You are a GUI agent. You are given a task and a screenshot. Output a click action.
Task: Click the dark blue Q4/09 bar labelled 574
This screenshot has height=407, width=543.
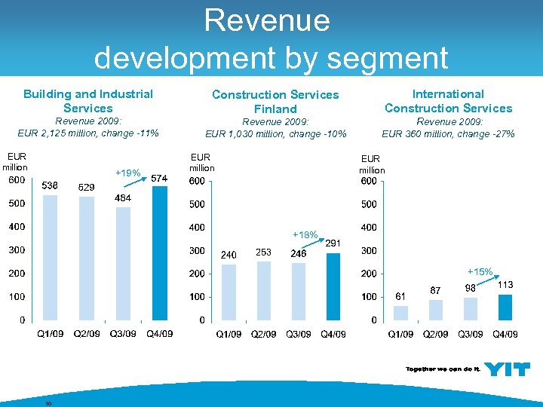(160, 252)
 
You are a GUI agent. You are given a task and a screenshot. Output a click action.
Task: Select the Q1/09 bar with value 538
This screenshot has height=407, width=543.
(51, 257)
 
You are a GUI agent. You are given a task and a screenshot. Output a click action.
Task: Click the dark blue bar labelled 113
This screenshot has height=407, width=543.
(505, 307)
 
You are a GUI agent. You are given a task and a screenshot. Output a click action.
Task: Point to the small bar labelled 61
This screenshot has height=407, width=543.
(400, 313)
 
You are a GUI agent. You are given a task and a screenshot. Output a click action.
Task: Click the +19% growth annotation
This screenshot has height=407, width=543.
(127, 173)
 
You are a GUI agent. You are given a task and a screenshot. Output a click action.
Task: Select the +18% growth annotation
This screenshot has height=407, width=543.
(305, 236)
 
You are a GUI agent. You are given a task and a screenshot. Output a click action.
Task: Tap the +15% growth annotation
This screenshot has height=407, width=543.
(480, 271)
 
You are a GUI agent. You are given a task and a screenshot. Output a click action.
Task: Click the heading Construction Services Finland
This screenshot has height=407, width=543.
(275, 102)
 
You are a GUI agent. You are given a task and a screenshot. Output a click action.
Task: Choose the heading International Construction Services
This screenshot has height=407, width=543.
(448, 101)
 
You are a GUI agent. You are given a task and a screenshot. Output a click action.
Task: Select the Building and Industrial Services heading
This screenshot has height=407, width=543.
(88, 101)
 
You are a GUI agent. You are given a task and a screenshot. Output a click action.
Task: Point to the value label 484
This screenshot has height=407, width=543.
(123, 197)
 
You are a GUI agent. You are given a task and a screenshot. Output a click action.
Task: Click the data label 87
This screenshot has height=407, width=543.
(436, 290)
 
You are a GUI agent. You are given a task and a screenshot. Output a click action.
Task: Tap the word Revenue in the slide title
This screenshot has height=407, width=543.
(267, 20)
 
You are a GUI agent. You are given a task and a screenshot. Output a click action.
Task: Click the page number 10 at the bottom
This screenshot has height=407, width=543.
(48, 403)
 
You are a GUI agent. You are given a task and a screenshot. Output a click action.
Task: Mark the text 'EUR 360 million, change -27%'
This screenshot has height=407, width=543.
(448, 133)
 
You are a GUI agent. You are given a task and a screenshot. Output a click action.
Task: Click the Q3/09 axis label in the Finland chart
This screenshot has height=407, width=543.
(298, 334)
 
